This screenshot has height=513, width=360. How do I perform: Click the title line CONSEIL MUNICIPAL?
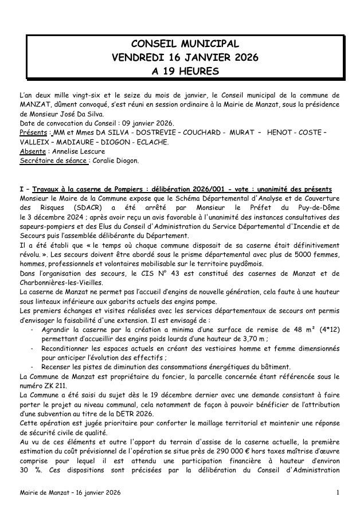pyautogui.click(x=185, y=44)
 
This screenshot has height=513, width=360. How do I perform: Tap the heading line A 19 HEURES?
pyautogui.click(x=185, y=71)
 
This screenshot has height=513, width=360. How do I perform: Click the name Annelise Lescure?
pyautogui.click(x=81, y=151)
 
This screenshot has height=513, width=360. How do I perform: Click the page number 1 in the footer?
pyautogui.click(x=338, y=493)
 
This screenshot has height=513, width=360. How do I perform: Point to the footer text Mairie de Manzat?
pyautogui.click(x=42, y=493)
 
